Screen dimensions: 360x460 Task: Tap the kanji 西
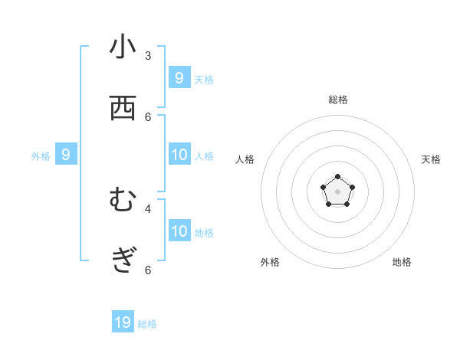pos(123,109)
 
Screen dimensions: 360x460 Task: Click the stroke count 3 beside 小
pos(148,55)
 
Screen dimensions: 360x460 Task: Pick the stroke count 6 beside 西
pos(148,116)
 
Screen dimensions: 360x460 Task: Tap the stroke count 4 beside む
pos(148,208)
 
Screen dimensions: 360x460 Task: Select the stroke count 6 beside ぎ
pos(148,270)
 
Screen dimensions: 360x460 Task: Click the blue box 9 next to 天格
pos(179,77)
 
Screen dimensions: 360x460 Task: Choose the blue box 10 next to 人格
pos(179,154)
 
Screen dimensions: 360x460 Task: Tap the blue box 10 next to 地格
pos(179,231)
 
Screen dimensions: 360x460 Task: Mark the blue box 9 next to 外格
pos(66,154)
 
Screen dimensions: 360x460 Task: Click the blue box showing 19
pos(123,322)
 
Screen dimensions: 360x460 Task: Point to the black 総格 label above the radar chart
pos(338,100)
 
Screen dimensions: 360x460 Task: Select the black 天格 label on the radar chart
pos(431,159)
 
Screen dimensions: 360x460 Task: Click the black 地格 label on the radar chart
pos(402,262)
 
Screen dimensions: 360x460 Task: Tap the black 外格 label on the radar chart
pos(270,262)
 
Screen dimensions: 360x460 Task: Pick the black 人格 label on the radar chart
pos(245,159)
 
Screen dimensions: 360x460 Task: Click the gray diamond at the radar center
pos(337,191)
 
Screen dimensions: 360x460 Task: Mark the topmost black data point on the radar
pos(337,177)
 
